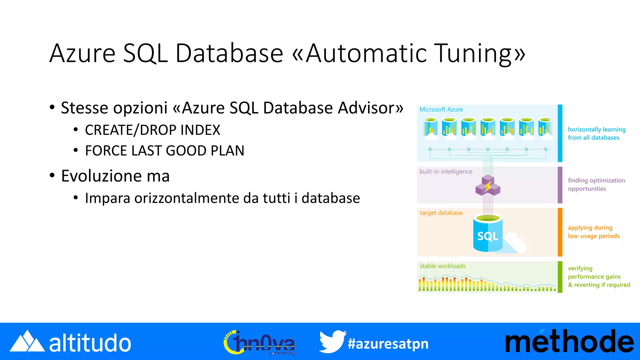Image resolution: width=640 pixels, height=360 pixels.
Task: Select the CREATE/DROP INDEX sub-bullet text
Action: (152, 130)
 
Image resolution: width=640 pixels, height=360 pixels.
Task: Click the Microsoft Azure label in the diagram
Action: (441, 110)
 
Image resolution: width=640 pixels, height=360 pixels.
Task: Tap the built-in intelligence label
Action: (446, 172)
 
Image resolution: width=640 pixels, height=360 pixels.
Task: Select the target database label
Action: (441, 213)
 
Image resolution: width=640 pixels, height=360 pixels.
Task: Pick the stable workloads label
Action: (442, 266)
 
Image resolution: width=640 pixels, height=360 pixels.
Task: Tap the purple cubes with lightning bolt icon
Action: (488, 186)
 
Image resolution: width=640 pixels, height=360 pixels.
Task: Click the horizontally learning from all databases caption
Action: (596, 133)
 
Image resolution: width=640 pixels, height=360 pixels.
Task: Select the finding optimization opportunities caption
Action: (596, 184)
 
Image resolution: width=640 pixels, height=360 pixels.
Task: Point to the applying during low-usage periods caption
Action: (593, 232)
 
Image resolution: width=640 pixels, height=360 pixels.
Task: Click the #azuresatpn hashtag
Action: (388, 344)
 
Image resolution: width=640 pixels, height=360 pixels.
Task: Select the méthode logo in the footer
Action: (569, 342)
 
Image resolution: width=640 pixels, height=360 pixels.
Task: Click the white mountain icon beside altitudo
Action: (27, 342)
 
